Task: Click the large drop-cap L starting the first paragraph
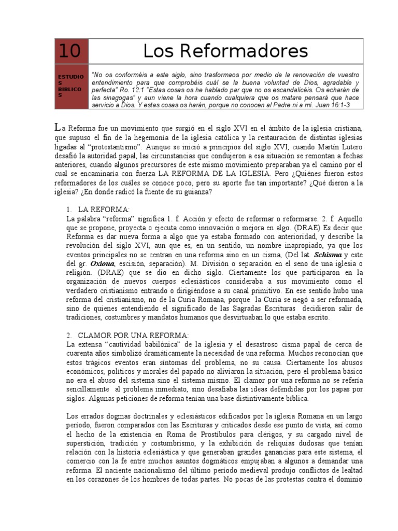tap(58, 127)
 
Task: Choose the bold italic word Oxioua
tap(96, 263)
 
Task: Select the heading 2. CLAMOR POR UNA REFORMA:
tap(128, 336)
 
